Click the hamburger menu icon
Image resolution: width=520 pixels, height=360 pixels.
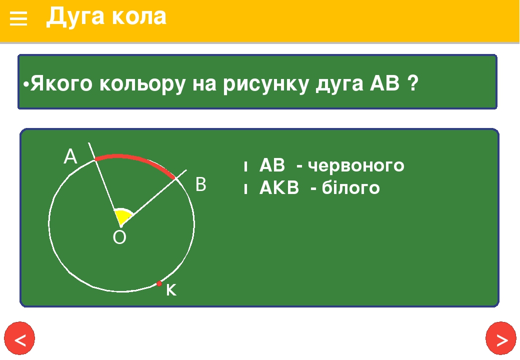(18, 18)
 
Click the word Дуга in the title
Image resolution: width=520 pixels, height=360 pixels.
(74, 16)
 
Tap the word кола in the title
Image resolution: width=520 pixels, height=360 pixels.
(139, 17)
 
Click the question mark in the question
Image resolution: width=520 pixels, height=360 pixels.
(413, 82)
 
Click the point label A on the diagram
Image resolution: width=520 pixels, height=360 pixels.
(70, 156)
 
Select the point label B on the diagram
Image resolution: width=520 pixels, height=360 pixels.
(201, 184)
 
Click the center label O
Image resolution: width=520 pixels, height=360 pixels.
(119, 237)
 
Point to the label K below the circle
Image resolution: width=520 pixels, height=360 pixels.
(171, 290)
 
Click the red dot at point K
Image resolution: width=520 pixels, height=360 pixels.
(159, 283)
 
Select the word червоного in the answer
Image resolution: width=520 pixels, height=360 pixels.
(356, 165)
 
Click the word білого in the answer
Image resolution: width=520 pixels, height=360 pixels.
(351, 187)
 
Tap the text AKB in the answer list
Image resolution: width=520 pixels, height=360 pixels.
(279, 187)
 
